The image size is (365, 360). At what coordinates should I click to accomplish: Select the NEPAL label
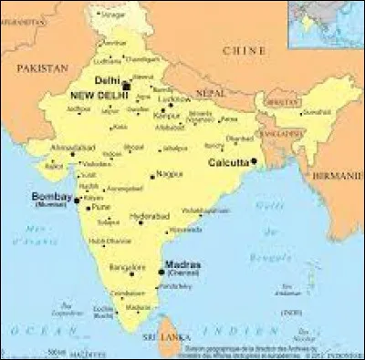tap(210, 93)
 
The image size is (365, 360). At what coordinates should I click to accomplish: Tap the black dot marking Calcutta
tap(255, 161)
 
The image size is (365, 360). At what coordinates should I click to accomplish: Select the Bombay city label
tap(50, 196)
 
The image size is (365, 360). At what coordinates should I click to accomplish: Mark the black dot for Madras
tap(162, 271)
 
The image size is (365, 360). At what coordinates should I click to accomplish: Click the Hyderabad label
tap(151, 216)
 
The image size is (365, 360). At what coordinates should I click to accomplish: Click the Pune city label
tap(99, 208)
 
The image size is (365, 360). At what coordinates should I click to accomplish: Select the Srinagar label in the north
tap(113, 15)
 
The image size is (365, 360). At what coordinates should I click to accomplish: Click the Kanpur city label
tap(167, 116)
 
